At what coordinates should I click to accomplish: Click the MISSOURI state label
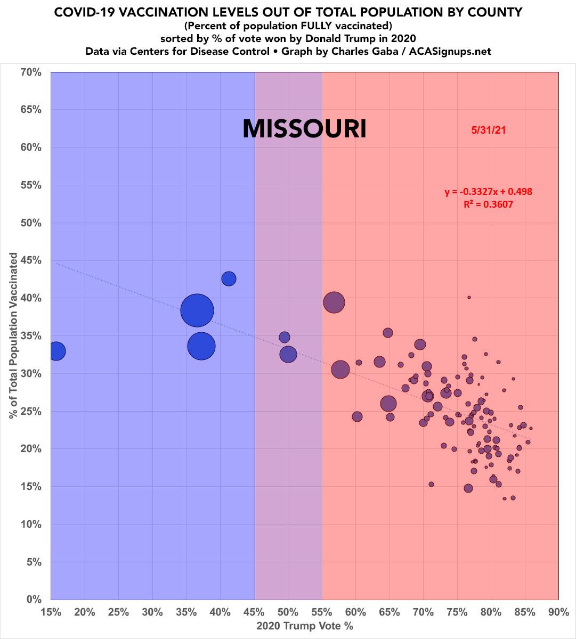click(304, 129)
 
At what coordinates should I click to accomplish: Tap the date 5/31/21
click(488, 130)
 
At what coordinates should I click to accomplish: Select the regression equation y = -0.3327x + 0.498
click(489, 192)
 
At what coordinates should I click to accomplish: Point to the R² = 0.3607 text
click(489, 203)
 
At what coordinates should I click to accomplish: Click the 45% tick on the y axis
click(30, 261)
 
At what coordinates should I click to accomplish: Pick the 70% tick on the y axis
click(30, 72)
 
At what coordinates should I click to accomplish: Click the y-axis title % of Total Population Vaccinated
click(13, 335)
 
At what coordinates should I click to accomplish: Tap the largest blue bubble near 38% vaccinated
click(197, 310)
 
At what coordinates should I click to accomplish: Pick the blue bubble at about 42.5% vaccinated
click(229, 278)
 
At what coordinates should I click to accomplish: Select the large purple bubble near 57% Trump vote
click(334, 302)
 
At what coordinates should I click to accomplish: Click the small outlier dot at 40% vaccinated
click(469, 297)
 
